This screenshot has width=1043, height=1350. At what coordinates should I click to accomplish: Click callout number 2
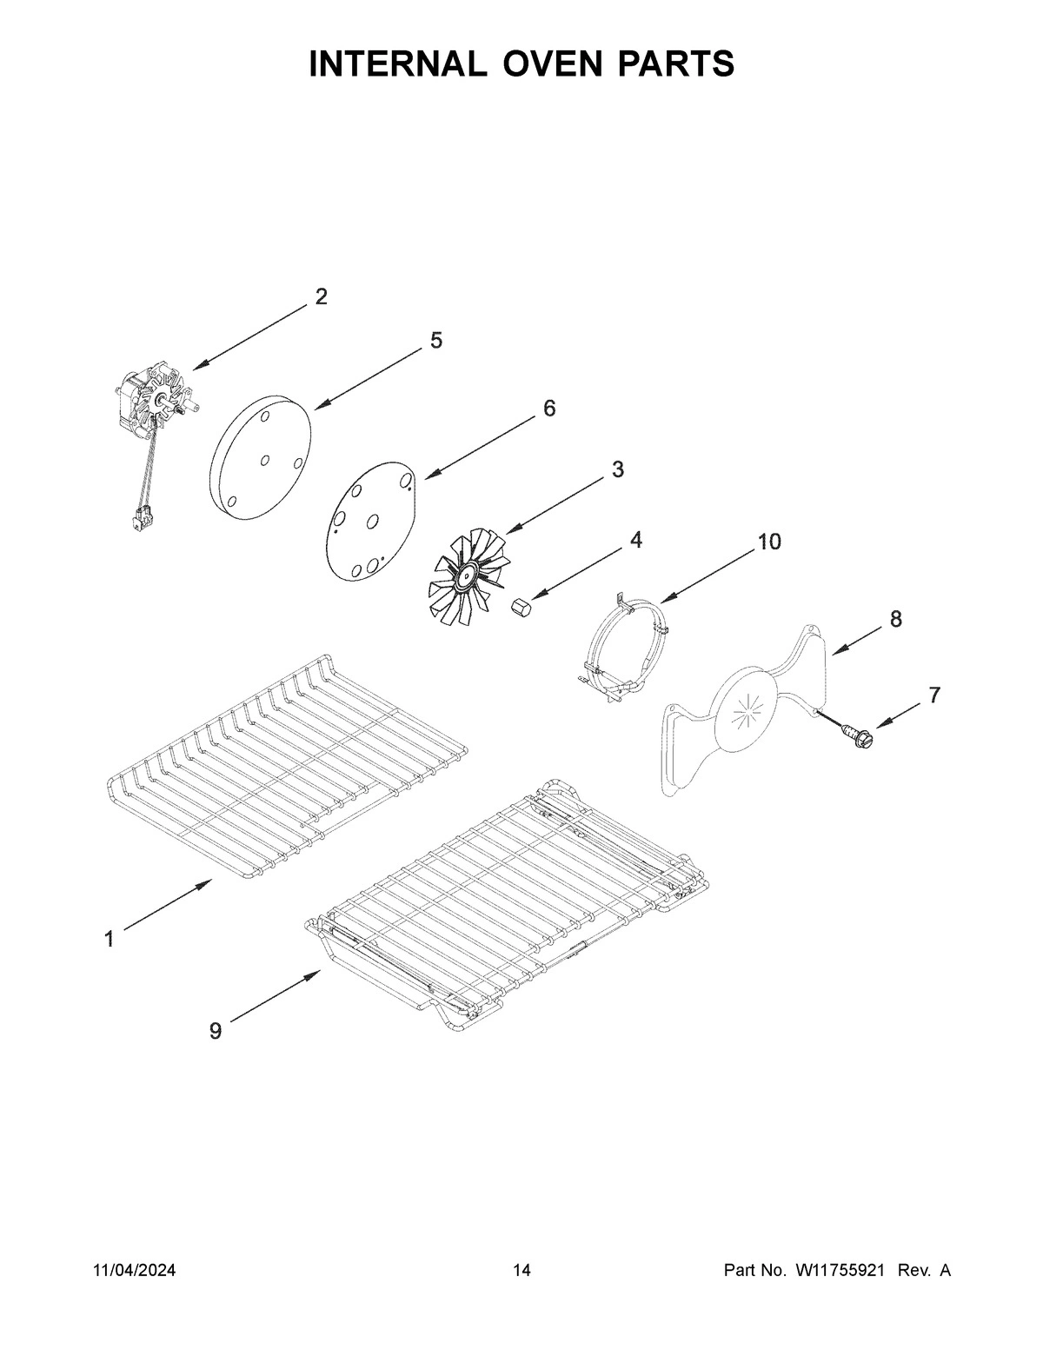321,296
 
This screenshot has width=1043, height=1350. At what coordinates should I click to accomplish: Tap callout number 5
435,340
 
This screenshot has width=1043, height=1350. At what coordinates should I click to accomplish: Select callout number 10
768,542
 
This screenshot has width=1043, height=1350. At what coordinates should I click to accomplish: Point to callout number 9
215,1031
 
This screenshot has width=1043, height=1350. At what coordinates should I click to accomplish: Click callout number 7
933,695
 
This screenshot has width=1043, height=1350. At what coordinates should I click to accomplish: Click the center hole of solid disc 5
264,460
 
